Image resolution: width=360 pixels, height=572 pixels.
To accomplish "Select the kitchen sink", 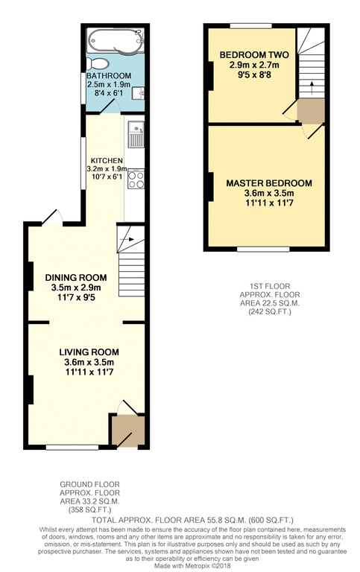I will click(x=135, y=136).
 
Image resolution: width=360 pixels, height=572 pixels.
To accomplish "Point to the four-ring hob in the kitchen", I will click(x=136, y=179).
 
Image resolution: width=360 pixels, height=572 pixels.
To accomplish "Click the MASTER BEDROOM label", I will click(x=269, y=182).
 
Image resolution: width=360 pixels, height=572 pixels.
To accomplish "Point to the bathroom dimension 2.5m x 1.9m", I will click(x=108, y=84).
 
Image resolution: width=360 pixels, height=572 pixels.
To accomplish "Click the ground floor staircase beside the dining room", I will click(x=130, y=261).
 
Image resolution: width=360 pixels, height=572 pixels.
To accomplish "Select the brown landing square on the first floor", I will click(x=311, y=112).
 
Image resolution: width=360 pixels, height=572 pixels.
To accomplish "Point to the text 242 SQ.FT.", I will click(x=270, y=312).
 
